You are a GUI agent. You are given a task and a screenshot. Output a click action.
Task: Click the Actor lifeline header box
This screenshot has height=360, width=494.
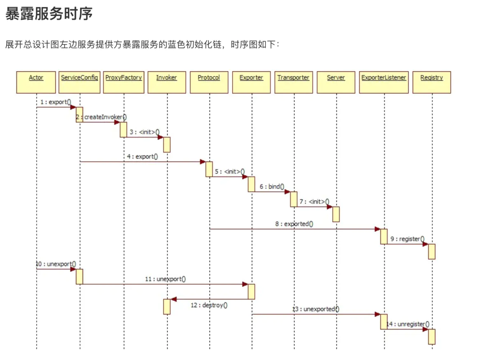coord(36,82)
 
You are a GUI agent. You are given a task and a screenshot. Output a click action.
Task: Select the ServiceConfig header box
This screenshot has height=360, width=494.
coord(80,82)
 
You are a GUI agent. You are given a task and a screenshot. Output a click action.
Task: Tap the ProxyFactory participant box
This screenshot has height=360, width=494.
coord(123,82)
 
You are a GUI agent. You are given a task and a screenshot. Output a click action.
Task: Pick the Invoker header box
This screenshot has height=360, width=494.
coord(167,82)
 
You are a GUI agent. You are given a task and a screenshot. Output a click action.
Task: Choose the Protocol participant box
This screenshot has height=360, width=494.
coord(209,82)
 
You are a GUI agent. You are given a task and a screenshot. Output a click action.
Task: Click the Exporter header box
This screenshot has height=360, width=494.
coord(251,82)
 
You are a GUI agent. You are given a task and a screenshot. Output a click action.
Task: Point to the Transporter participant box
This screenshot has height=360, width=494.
coord(294,82)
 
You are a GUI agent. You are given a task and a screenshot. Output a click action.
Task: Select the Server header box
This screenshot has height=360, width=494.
coord(336,82)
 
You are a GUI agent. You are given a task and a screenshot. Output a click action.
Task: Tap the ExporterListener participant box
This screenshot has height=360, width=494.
coord(384,82)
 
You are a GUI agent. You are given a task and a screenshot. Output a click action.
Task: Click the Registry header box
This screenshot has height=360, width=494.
coord(432,82)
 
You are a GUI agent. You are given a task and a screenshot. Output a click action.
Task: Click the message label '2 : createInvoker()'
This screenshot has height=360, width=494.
coord(101,117)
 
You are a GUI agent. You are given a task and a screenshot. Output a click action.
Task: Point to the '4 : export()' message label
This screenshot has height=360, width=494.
coord(142,157)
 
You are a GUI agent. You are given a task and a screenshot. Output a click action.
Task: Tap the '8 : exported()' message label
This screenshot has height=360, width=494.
coord(294,224)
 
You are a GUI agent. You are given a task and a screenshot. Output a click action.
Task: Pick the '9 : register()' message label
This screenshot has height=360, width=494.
coord(407,239)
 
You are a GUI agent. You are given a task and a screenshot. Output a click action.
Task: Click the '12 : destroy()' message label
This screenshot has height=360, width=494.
coord(209,305)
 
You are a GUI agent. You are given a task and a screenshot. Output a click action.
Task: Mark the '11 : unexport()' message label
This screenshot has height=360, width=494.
coord(165,279)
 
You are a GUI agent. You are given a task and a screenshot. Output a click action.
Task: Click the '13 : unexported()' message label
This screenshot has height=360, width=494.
coord(316,309)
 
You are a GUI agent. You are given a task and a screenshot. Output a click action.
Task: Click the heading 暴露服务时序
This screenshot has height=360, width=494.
coord(49,14)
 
